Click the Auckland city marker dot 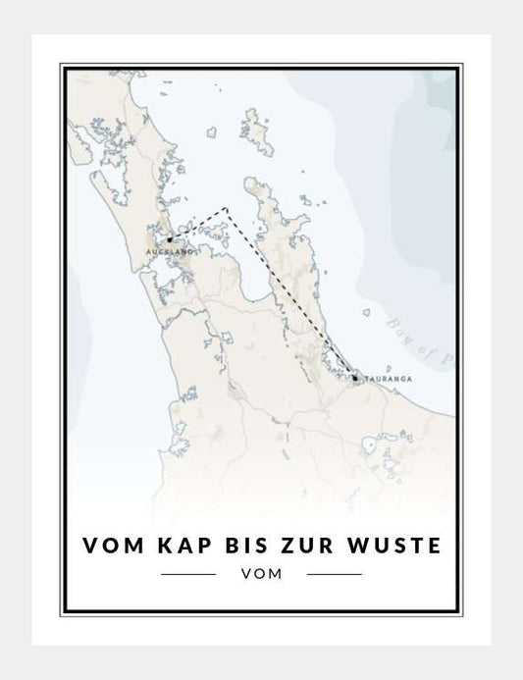(x=169, y=238)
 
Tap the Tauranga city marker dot (x=355, y=376)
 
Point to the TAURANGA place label (x=384, y=378)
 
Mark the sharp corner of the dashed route (x=227, y=208)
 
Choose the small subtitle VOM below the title (x=260, y=574)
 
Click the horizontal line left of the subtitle (x=187, y=573)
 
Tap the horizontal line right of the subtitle (x=335, y=573)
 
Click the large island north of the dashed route (x=257, y=128)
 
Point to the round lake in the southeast (x=372, y=447)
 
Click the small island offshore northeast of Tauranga (x=367, y=314)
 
